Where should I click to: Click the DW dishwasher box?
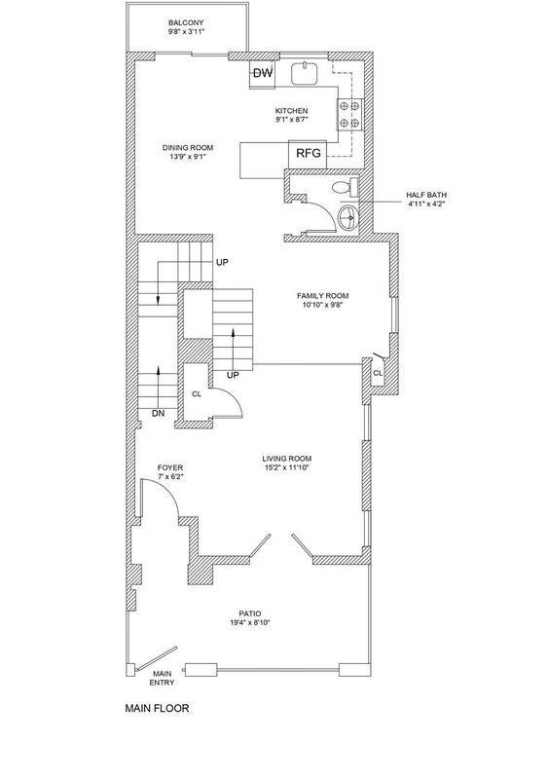coord(263,74)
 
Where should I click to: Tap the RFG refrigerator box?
coord(308,154)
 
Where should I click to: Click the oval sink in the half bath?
coord(347,217)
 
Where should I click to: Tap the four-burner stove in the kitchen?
coord(350,114)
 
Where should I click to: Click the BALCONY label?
coord(186,22)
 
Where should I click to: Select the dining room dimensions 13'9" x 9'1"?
coord(188,157)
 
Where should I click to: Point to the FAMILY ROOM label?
coord(323,296)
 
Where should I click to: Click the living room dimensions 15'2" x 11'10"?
coord(287,467)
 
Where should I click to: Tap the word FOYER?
coord(170,467)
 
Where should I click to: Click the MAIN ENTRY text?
coord(163,678)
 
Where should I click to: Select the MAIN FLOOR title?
coord(157,708)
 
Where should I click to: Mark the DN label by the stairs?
coord(159,413)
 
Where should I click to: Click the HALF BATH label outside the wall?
coord(425,196)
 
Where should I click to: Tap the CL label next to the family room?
coord(378,373)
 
